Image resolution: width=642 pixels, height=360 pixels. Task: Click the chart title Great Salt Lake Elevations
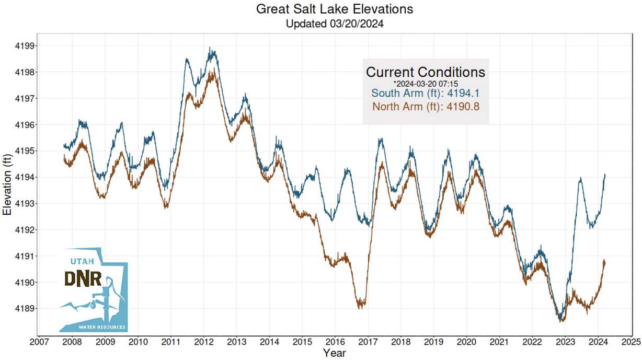pos(334,9)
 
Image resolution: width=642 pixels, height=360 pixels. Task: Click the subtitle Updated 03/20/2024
pos(334,24)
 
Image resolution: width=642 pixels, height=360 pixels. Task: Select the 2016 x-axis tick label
pos(335,342)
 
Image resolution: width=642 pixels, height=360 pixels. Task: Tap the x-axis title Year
pos(334,353)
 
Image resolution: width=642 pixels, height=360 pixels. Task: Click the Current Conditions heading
pos(426,72)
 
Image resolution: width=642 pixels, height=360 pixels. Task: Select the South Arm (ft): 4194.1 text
pos(426,94)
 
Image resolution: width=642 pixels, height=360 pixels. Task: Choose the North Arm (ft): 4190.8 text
pos(426,107)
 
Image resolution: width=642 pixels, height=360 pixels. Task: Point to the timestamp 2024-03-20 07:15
pos(426,83)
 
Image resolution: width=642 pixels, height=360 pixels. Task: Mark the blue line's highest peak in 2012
pos(210,48)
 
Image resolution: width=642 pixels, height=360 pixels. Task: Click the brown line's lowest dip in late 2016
pos(360,308)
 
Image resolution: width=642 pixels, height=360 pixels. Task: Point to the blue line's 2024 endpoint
pos(605,175)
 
